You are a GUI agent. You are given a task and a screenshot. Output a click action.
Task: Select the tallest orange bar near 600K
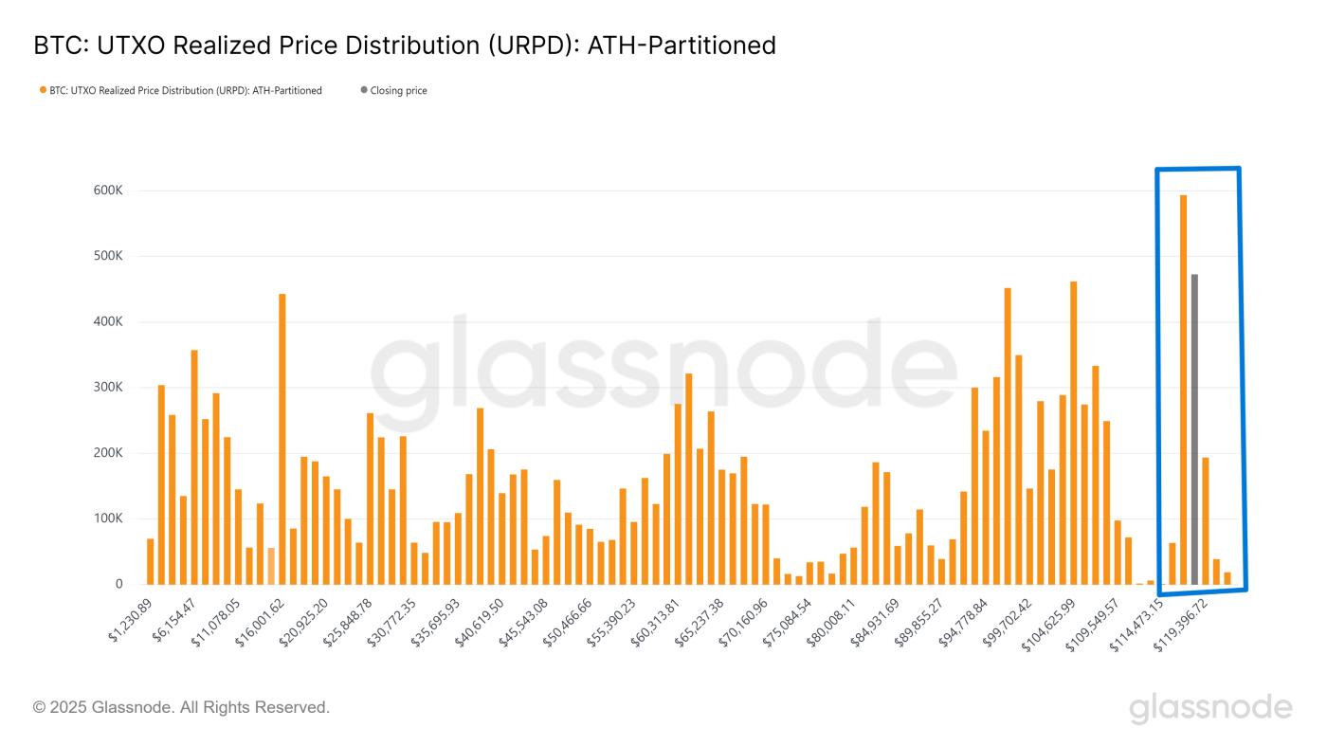(1183, 389)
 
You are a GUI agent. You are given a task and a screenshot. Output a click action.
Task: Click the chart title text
(405, 45)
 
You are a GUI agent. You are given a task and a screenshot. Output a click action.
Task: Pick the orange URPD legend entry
(180, 91)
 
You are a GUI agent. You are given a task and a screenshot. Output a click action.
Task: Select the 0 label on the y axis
(118, 585)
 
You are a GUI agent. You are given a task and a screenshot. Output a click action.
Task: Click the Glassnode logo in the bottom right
(1210, 708)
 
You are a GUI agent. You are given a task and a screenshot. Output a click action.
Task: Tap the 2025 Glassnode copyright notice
(181, 707)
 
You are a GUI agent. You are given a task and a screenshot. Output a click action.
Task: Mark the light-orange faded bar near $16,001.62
(271, 566)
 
